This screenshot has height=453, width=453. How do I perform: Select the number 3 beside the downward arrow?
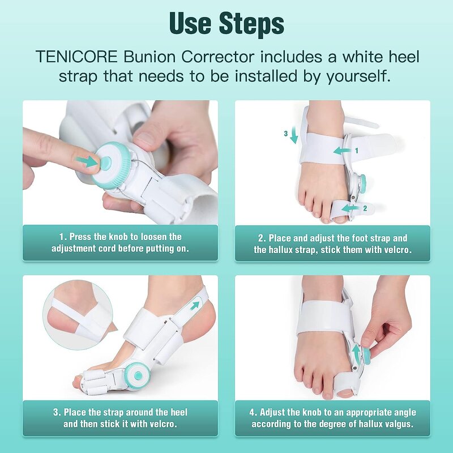(x=287, y=134)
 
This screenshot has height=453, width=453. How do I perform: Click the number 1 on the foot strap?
(x=356, y=151)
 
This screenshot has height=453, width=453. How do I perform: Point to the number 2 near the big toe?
(x=365, y=208)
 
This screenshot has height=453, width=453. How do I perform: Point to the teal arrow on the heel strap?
(x=196, y=305)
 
